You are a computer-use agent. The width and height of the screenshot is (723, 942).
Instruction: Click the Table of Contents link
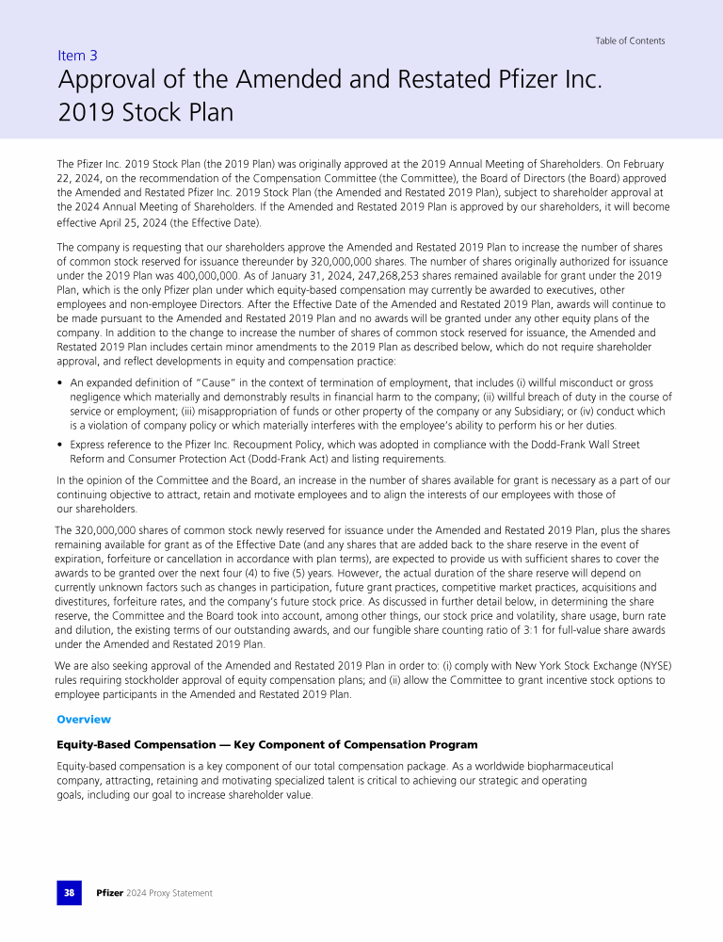[x=630, y=41]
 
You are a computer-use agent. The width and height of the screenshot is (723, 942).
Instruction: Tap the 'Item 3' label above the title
[x=77, y=56]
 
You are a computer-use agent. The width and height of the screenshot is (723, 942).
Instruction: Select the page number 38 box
[x=69, y=892]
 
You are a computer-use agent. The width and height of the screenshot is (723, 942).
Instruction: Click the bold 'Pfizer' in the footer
[x=110, y=893]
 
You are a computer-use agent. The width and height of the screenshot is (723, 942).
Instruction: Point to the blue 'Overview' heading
[x=84, y=720]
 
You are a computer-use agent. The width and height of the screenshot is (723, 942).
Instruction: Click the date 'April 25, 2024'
[x=136, y=223]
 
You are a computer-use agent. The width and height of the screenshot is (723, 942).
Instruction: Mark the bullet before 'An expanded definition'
[x=60, y=383]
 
